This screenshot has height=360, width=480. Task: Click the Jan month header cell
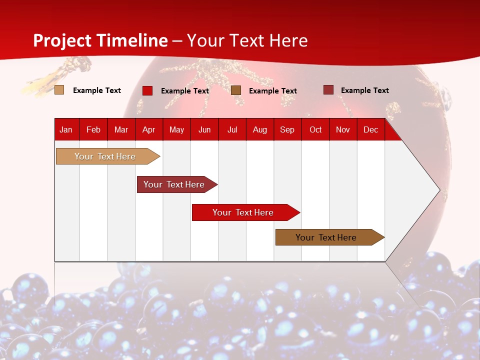pyautogui.click(x=66, y=129)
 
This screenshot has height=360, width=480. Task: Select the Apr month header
pyautogui.click(x=148, y=129)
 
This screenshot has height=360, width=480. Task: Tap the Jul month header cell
pyautogui.click(x=232, y=129)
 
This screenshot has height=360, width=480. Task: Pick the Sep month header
pyautogui.click(x=287, y=129)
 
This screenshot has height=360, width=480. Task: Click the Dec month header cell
pyautogui.click(x=370, y=129)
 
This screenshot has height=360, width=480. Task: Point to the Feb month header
pyautogui.click(x=93, y=129)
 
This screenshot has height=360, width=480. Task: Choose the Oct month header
pyautogui.click(x=315, y=129)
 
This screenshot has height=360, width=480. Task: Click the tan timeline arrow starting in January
pyautogui.click(x=105, y=156)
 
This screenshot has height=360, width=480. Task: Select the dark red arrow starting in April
pyautogui.click(x=174, y=184)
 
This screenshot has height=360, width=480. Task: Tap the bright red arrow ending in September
pyautogui.click(x=243, y=212)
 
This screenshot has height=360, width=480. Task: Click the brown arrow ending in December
pyautogui.click(x=326, y=237)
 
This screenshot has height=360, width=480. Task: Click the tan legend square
pyautogui.click(x=59, y=90)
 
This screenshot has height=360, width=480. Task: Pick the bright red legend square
pyautogui.click(x=147, y=90)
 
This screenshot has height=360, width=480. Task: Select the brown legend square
pyautogui.click(x=236, y=90)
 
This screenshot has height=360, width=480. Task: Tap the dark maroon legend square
pyautogui.click(x=328, y=90)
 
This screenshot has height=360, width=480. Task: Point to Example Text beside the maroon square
pyautogui.click(x=364, y=90)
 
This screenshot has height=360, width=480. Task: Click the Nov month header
pyautogui.click(x=343, y=129)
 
